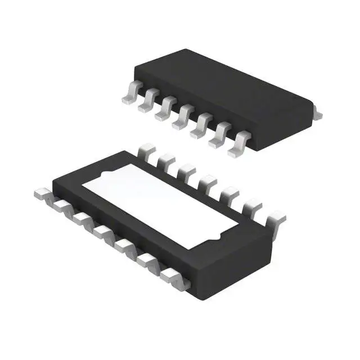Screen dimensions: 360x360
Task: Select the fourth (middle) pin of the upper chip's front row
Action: (x=183, y=119)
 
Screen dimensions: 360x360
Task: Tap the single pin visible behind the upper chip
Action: (x=318, y=115)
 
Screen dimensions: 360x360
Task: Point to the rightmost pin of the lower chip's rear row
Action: (x=276, y=219)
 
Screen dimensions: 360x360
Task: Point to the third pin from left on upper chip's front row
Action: (x=165, y=111)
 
